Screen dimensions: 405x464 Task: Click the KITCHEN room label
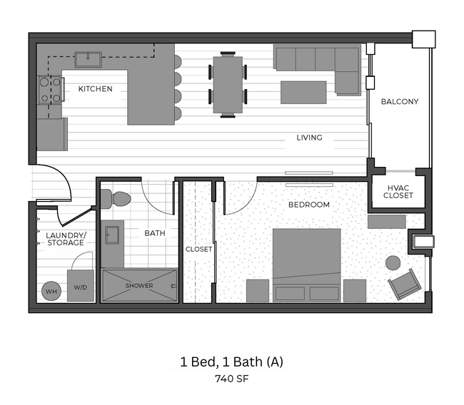95,89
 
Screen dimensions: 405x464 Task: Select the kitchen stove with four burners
50,89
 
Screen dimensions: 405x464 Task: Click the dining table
228,84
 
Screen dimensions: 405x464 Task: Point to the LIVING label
309,138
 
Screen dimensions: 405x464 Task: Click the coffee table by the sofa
303,92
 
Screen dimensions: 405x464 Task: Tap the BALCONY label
399,102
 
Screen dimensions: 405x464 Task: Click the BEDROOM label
308,205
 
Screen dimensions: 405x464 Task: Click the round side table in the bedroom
393,262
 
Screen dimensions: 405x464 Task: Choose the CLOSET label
198,250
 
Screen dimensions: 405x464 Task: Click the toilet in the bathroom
121,199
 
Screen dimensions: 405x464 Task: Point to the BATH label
155,233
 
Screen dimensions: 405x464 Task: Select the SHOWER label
139,286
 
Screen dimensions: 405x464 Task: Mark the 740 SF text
231,379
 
